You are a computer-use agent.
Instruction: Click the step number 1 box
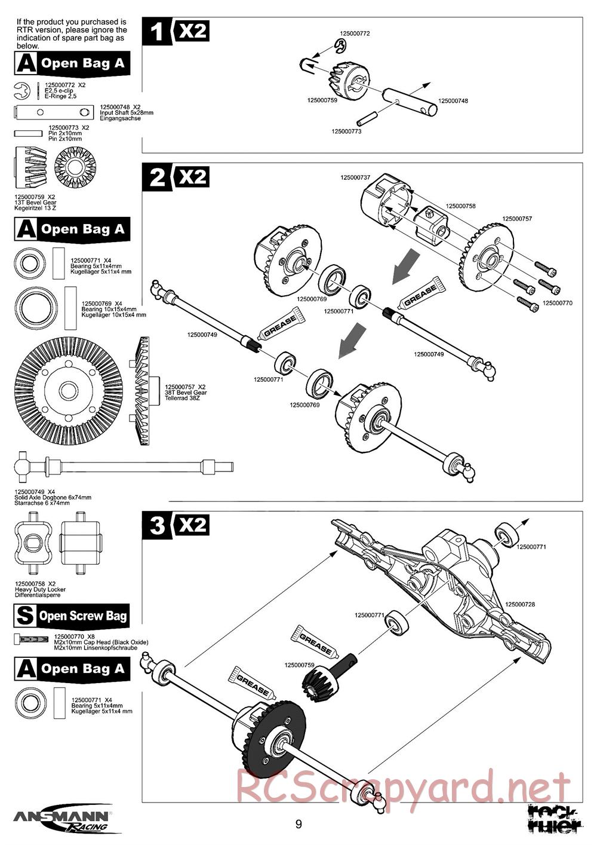[156, 31]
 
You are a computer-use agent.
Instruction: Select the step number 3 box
[156, 525]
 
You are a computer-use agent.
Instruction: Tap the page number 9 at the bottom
[298, 825]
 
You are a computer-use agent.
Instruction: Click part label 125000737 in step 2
[355, 177]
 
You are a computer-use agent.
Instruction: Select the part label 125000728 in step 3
[520, 604]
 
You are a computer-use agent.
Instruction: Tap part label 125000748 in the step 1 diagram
[453, 101]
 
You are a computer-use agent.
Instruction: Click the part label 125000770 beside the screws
[557, 303]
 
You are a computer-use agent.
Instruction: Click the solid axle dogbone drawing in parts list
[123, 467]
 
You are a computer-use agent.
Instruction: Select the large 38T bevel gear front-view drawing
[67, 391]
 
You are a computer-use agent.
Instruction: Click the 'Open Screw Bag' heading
[83, 616]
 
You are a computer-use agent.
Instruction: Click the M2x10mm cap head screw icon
[32, 639]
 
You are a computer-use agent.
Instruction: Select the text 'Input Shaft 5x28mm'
[127, 112]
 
